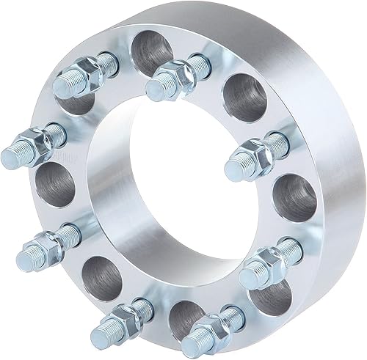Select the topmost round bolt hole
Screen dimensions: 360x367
tap(149, 53)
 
